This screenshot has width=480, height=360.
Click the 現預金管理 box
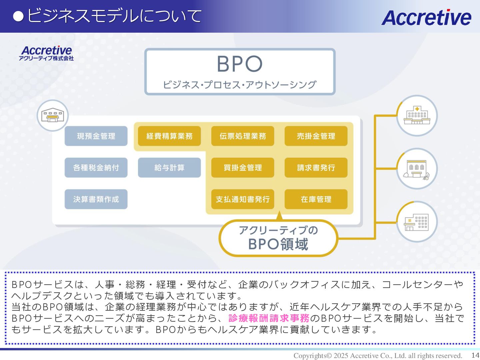pos(96,136)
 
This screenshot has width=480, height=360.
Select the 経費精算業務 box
pos(169,136)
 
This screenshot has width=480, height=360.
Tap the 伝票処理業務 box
pos(243,136)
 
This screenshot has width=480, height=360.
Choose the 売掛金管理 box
pos(316,136)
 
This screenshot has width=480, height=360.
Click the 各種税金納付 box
pos(96,168)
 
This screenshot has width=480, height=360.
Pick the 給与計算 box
pos(169,168)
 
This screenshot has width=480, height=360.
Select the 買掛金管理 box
pos(243,168)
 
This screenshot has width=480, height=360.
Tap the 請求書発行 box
pos(316,168)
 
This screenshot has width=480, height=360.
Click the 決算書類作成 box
pos(96,199)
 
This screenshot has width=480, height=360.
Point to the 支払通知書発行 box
pos(243,199)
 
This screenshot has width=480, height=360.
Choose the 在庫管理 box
pos(316,199)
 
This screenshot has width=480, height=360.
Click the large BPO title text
pos(240,64)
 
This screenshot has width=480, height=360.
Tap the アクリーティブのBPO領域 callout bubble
pos(278,238)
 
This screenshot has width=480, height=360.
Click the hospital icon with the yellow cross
pos(417,116)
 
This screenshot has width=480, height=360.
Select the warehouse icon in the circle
pos(52,115)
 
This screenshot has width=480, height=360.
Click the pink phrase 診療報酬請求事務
pos(269,318)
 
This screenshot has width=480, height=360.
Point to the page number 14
pos(475,355)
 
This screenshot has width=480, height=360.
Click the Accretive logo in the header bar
pos(426,17)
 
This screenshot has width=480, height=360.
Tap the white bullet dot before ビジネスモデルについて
pos(18,16)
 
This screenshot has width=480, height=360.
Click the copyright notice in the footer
pos(378,356)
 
